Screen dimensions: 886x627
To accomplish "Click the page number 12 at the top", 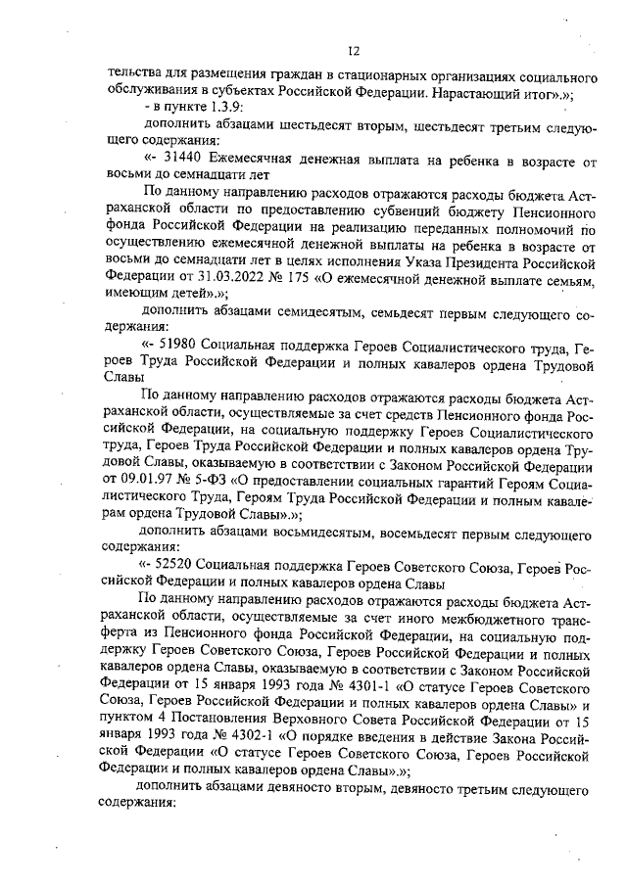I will tap(356, 52).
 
